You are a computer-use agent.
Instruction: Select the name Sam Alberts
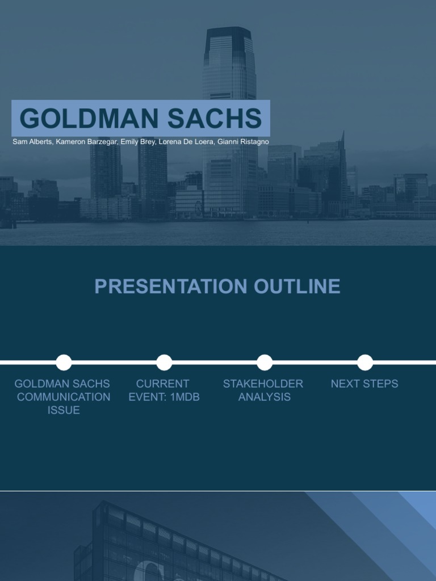pyautogui.click(x=32, y=142)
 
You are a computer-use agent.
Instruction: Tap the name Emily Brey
pyautogui.click(x=138, y=142)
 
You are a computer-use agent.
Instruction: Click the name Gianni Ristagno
pyautogui.click(x=244, y=142)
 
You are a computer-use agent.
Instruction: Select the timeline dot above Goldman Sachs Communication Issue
pyautogui.click(x=64, y=362)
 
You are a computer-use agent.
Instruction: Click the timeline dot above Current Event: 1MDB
pyautogui.click(x=164, y=362)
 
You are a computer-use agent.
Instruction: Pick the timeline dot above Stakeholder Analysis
pyautogui.click(x=265, y=362)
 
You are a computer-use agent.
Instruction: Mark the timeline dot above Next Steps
pyautogui.click(x=365, y=362)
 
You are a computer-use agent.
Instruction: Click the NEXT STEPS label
pyautogui.click(x=364, y=384)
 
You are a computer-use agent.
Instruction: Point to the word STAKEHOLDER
pyautogui.click(x=263, y=384)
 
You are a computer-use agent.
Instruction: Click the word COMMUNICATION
pyautogui.click(x=64, y=397)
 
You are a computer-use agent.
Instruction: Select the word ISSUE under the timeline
pyautogui.click(x=64, y=410)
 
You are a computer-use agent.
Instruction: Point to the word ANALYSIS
pyautogui.click(x=264, y=397)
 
